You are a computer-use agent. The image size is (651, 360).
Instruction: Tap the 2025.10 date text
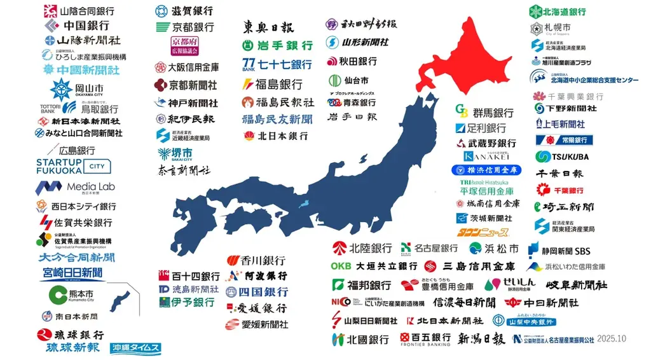(612, 338)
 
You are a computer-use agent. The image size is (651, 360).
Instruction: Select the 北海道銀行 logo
(558, 11)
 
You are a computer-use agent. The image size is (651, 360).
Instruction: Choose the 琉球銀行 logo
(71, 334)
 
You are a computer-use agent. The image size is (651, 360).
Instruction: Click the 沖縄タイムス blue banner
(135, 348)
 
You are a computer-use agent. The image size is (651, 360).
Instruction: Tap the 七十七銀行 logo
(277, 64)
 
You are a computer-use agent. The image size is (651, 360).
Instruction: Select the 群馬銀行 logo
(484, 112)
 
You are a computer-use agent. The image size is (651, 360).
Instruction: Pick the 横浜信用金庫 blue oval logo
(487, 170)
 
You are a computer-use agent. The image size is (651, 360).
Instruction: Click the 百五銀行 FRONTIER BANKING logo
(425, 338)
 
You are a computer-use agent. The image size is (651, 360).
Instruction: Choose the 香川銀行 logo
(256, 260)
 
